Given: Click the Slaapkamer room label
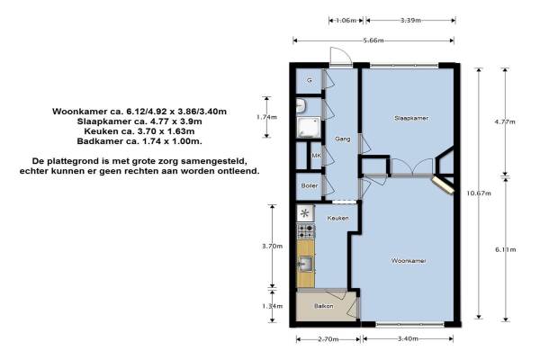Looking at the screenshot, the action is click(411, 118).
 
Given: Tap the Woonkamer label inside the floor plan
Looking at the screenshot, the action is click(409, 261).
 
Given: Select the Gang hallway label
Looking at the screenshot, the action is click(343, 139).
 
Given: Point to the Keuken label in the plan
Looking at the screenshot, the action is click(337, 218).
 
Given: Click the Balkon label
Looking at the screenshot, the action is click(323, 306).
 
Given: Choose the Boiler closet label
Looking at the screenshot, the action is click(310, 185).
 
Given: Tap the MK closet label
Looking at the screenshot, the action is click(316, 156).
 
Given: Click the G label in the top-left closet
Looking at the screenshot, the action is click(310, 81).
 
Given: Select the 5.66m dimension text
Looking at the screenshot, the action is click(373, 40).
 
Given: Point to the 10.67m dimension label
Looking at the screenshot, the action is click(479, 193).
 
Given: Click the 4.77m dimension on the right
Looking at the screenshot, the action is click(505, 121).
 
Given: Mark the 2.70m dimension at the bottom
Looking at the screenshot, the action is click(328, 339).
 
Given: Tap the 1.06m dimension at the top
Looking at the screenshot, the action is click(346, 21).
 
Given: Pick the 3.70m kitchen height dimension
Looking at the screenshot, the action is click(272, 246).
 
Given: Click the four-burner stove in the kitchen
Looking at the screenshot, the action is click(306, 231).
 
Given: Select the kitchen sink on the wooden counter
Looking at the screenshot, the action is click(305, 265).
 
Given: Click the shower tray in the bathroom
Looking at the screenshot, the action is click(309, 127).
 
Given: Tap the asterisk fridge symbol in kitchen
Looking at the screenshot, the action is click(305, 213).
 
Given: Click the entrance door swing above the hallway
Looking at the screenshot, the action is click(340, 56).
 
